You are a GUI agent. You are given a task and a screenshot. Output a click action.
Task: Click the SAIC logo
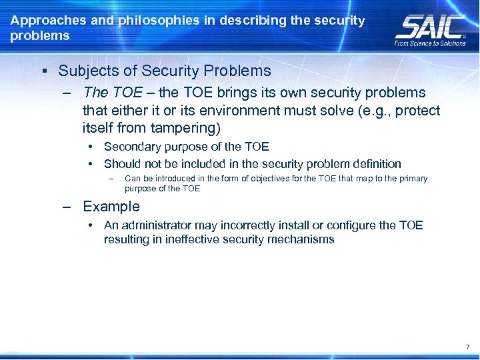(x=430, y=26)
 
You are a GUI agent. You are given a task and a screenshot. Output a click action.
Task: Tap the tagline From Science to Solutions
(x=430, y=43)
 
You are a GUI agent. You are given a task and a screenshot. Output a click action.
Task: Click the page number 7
(x=467, y=347)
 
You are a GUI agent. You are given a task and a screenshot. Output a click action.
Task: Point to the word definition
(x=375, y=164)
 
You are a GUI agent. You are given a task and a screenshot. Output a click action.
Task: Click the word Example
(x=111, y=207)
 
